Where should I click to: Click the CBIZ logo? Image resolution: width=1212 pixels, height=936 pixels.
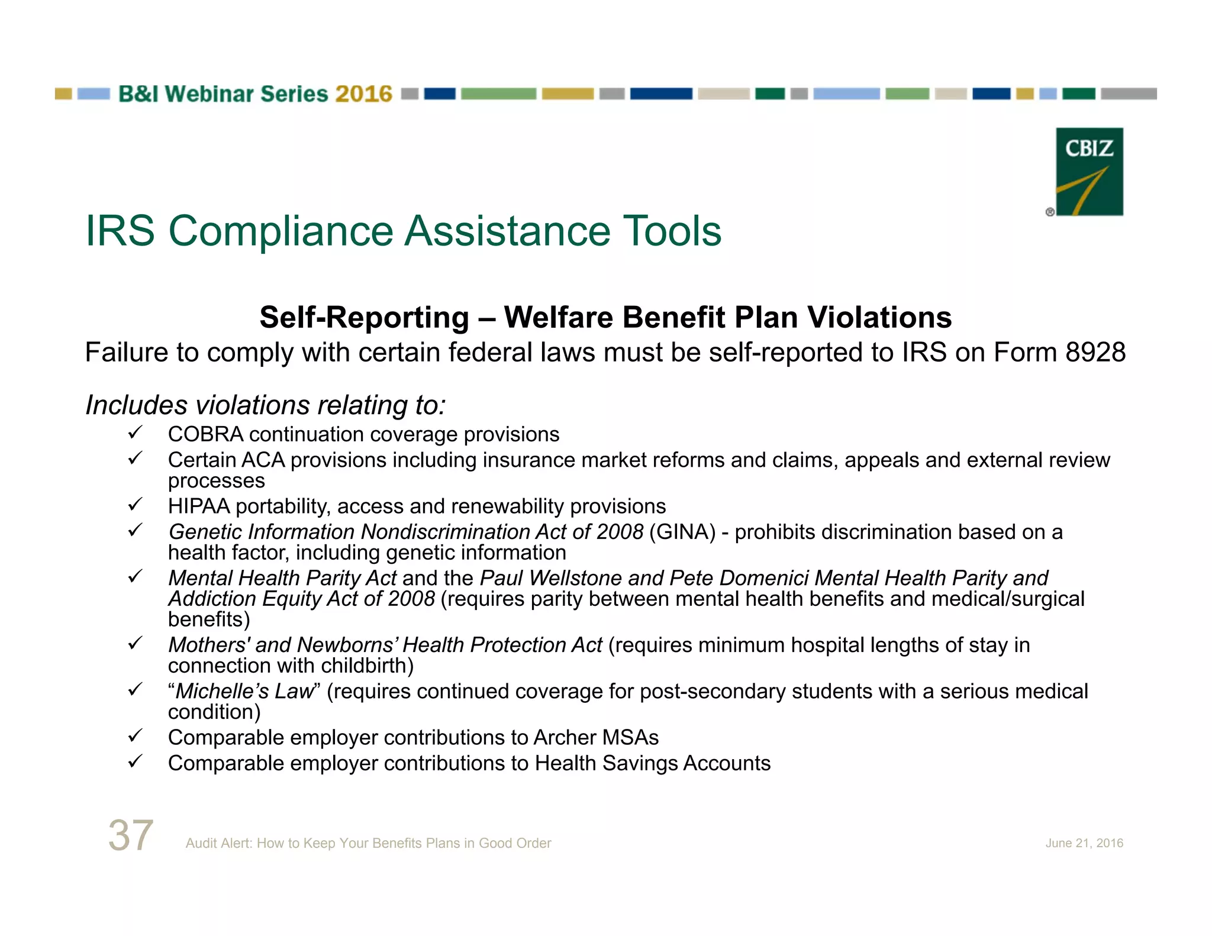[x=1089, y=172]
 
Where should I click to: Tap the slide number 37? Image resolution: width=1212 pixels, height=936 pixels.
[x=131, y=835]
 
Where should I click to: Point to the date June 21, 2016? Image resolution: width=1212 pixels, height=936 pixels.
[x=1084, y=843]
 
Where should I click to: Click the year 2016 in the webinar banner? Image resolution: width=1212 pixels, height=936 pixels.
[x=363, y=94]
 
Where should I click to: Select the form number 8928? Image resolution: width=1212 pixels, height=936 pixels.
[x=1095, y=353]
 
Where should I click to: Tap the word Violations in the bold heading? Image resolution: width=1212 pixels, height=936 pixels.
[x=879, y=318]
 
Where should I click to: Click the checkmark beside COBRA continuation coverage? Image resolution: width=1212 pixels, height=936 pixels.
[x=135, y=433]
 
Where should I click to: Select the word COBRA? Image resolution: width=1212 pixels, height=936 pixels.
[x=205, y=435]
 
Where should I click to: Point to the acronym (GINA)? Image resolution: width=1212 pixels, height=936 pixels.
[x=682, y=532]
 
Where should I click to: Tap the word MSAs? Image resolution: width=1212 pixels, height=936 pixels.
[x=630, y=738]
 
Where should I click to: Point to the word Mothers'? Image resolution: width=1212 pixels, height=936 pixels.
[x=209, y=645]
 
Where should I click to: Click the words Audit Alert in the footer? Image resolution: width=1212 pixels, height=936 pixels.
[x=218, y=843]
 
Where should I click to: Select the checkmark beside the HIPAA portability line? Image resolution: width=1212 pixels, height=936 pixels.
[x=135, y=505]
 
